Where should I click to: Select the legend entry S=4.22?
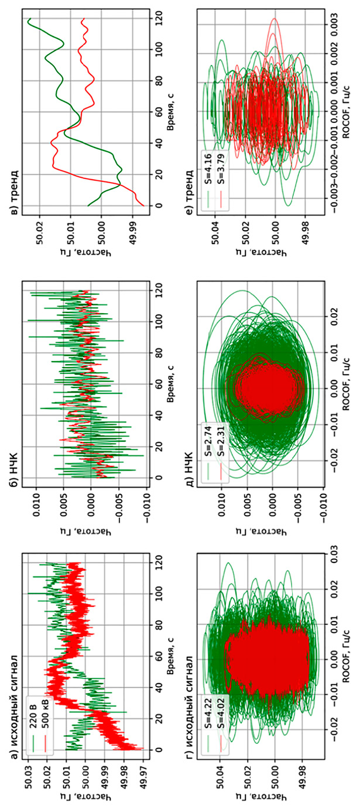click(x=208, y=701)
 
